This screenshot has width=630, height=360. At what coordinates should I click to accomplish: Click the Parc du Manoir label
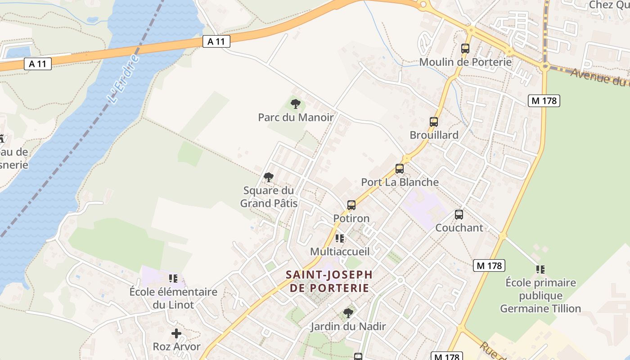tap(296, 118)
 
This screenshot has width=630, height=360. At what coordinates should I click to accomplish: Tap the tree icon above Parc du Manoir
tap(296, 104)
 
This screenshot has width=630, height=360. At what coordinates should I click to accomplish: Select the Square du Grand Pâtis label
tap(269, 197)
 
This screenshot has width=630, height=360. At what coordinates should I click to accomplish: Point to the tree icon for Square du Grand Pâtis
tap(269, 177)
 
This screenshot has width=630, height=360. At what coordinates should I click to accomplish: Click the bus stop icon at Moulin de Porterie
tap(465, 49)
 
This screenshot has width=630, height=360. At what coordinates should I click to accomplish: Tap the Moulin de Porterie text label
tap(465, 62)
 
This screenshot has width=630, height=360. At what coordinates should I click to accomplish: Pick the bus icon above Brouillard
tap(434, 121)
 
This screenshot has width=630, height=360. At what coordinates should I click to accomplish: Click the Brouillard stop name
tap(434, 135)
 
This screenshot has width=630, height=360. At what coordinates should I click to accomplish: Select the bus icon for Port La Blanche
tap(400, 169)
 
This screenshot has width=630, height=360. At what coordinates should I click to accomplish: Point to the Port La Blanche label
tap(400, 182)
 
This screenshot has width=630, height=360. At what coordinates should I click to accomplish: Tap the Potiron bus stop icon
tap(351, 205)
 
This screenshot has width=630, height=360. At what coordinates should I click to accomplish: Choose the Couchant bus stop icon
tap(459, 215)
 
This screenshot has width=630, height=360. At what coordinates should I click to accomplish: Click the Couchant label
tap(459, 228)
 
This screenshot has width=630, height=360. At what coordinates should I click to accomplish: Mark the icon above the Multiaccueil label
tap(340, 238)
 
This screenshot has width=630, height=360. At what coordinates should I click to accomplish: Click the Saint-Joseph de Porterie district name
tap(329, 281)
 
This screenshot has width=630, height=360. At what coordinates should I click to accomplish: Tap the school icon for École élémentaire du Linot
tap(173, 279)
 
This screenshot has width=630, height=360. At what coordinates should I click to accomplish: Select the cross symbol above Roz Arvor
tap(176, 333)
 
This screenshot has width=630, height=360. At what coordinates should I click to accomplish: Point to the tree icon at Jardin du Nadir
tap(348, 313)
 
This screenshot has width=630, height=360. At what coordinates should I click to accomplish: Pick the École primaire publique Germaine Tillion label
tap(540, 296)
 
